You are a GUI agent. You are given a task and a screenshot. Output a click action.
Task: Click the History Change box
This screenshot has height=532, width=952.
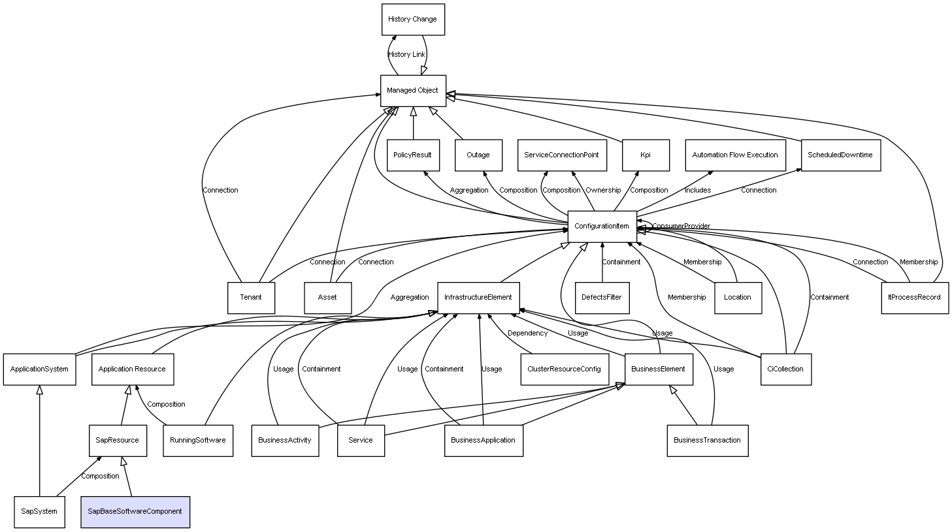pyautogui.click(x=413, y=20)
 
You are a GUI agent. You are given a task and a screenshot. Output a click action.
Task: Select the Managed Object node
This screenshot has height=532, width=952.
pyautogui.click(x=413, y=91)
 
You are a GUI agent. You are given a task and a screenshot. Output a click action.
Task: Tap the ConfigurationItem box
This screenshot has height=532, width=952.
pyautogui.click(x=602, y=227)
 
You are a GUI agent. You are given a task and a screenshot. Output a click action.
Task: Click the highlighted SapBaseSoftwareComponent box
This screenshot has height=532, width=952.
pyautogui.click(x=135, y=512)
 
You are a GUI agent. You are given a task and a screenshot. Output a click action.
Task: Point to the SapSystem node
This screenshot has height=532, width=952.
pyautogui.click(x=39, y=512)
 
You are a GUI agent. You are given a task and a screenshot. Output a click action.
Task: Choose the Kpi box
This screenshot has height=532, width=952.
pyautogui.click(x=646, y=155)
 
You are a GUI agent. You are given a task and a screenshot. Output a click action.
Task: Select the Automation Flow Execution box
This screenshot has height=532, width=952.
pyautogui.click(x=735, y=155)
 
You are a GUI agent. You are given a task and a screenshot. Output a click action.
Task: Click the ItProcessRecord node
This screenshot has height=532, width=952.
pyautogui.click(x=915, y=298)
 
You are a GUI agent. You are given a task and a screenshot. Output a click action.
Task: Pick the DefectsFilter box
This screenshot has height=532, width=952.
pyautogui.click(x=602, y=298)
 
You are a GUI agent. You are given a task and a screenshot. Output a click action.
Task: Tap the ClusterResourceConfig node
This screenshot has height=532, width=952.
pyautogui.click(x=565, y=369)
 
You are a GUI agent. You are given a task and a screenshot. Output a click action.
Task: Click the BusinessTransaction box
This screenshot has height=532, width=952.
pyautogui.click(x=708, y=441)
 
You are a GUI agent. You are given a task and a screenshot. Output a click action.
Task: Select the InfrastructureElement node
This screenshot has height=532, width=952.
pyautogui.click(x=478, y=298)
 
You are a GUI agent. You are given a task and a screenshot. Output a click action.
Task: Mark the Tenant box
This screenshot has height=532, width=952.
pyautogui.click(x=251, y=298)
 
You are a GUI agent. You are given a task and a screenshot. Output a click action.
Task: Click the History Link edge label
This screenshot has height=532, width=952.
pyautogui.click(x=406, y=54)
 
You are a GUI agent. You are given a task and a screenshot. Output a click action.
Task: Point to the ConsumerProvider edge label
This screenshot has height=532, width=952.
pyautogui.click(x=681, y=227)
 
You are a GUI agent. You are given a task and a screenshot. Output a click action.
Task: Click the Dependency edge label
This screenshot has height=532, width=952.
pyautogui.click(x=527, y=334)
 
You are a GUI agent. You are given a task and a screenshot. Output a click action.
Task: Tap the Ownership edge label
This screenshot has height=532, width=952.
pyautogui.click(x=603, y=190)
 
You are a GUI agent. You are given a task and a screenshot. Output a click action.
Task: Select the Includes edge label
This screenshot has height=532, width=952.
pyautogui.click(x=698, y=190)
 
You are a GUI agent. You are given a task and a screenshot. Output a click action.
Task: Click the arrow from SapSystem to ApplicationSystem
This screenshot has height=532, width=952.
pyautogui.click(x=39, y=441)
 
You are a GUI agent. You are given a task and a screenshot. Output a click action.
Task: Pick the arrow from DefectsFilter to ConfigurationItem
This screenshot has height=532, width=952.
pyautogui.click(x=602, y=262)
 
